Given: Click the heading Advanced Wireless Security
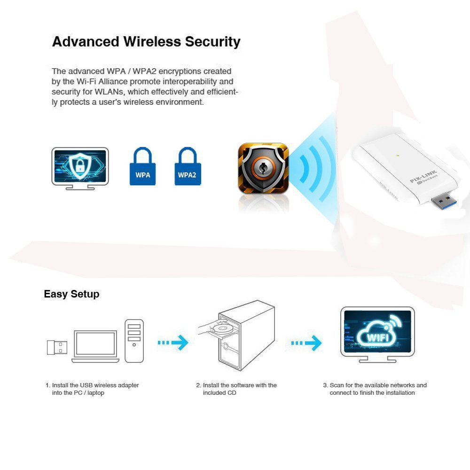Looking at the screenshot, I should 146,42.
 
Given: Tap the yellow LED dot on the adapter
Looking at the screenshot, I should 398,155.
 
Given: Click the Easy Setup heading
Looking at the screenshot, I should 71,294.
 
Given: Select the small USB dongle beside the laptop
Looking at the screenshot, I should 57,347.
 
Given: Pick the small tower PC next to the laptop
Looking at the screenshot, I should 134,340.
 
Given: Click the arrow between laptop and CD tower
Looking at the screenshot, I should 173,343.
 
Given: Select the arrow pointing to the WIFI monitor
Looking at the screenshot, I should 306,343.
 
